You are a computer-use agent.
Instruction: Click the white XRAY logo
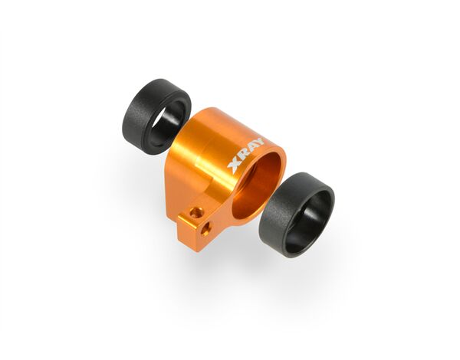pos(246,155)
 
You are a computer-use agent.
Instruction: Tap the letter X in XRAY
pos(234,165)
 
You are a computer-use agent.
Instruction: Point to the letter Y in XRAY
pos(259,142)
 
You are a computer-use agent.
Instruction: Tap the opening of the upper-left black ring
pos(167,123)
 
